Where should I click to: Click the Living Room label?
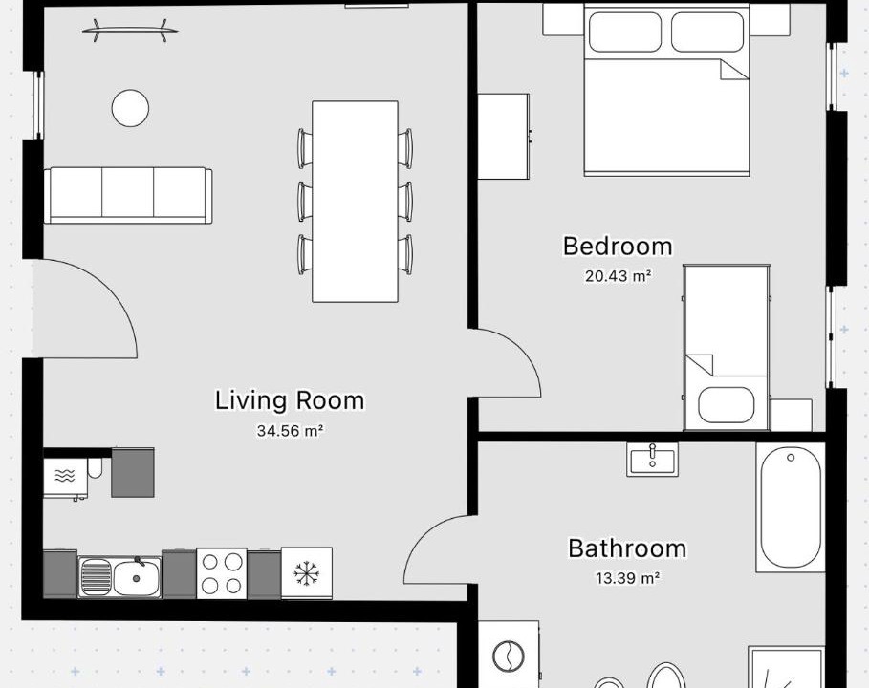(290, 400)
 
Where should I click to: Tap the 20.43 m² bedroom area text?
(618, 276)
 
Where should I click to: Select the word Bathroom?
(627, 548)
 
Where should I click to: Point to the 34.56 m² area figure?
(290, 430)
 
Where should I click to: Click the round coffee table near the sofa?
(130, 108)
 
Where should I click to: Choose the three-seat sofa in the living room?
(128, 196)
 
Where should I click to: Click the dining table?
(355, 202)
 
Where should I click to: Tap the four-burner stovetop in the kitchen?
(222, 573)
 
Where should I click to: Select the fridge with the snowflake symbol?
(307, 573)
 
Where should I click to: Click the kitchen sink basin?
(137, 578)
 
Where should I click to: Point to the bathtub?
(791, 507)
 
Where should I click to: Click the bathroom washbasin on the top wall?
(652, 460)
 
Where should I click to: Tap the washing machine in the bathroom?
(509, 655)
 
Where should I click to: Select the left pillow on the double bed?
(625, 32)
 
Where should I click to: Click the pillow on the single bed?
(726, 405)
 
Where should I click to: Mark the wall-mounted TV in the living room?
(130, 31)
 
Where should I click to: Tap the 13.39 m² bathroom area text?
(627, 578)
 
